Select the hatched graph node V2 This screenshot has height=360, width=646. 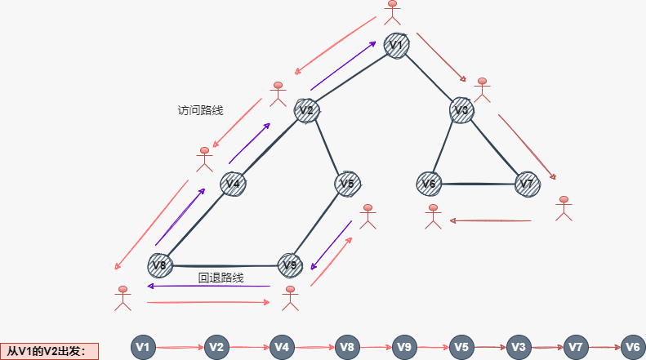(306, 110)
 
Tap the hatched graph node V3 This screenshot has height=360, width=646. (461, 110)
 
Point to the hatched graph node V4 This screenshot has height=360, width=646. (233, 184)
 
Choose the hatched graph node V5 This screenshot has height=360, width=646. (348, 184)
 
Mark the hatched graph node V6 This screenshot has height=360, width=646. (429, 184)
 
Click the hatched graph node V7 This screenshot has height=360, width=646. (528, 184)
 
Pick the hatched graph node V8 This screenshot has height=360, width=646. (160, 264)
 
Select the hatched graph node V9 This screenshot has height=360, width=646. (290, 264)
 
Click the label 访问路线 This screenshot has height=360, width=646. (200, 110)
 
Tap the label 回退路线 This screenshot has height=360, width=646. (221, 278)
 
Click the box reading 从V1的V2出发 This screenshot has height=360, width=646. (49, 351)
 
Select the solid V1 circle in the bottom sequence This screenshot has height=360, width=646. (143, 347)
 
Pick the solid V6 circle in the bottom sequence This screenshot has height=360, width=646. (633, 347)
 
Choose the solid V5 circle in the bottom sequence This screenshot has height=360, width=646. (461, 347)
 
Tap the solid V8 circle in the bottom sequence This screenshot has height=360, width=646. (347, 347)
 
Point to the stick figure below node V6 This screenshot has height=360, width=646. (434, 216)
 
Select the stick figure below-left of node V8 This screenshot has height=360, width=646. (123, 299)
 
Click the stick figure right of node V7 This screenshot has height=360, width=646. (564, 208)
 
